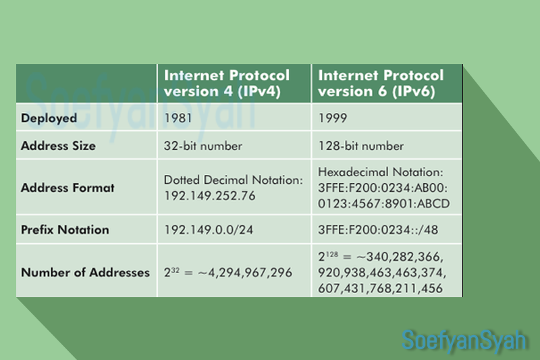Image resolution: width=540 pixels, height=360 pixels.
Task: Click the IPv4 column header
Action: pos(227,83)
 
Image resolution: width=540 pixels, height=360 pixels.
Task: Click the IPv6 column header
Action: pos(381,83)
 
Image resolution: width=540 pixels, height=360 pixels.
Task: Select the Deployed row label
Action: pos(49,118)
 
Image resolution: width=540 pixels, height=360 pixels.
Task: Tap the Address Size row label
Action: pos(58,146)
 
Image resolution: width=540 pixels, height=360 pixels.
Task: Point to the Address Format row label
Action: pos(67,188)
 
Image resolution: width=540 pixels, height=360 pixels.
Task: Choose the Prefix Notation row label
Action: pos(65,230)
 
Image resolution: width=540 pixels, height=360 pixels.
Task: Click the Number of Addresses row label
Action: pos(85,273)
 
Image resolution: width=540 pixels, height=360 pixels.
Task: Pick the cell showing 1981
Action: pos(179,118)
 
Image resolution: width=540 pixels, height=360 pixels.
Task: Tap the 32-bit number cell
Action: pos(203,146)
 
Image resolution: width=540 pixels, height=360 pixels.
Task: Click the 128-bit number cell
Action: pos(360,146)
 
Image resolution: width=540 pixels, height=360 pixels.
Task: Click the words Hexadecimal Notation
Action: pos(380,173)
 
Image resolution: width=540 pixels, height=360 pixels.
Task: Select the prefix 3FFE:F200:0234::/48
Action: pos(378,230)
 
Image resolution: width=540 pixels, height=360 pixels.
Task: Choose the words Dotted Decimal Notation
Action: pos(232,180)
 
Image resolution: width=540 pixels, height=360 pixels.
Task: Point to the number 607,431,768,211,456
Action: pos(380,288)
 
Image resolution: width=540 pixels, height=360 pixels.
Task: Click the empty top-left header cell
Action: pos(86,83)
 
